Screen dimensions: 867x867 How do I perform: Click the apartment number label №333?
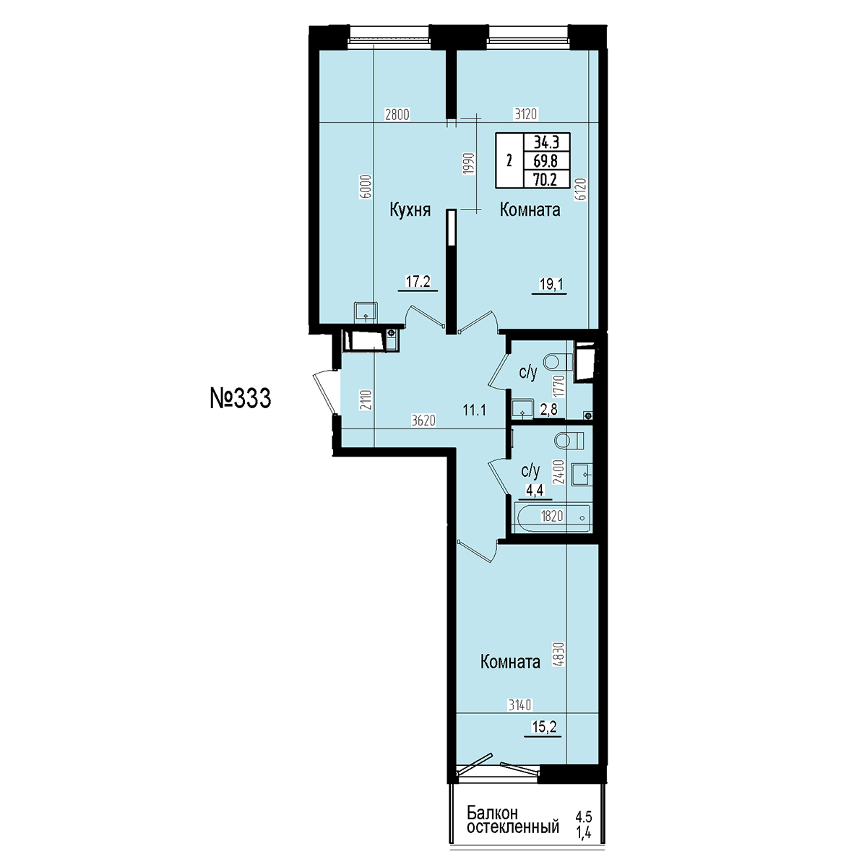241,398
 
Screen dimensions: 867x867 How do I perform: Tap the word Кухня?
410,210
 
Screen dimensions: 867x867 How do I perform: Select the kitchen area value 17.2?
418,282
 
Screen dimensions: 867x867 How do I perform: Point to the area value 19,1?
551,285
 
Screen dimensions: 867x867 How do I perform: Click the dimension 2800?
397,115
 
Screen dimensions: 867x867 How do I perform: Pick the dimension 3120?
525,114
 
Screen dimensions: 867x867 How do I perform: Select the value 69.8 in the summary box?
545,160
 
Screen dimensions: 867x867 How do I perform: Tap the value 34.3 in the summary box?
546,142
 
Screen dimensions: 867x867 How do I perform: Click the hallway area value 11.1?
474,410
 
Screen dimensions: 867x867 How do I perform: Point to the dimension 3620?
424,420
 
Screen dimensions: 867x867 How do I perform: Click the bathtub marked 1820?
552,517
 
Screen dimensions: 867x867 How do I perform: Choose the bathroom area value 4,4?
535,490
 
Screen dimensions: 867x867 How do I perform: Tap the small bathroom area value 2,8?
548,410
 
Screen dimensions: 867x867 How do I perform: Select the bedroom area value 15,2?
543,727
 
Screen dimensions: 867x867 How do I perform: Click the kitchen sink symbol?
366,311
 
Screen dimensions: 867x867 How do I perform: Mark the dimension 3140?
520,704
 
